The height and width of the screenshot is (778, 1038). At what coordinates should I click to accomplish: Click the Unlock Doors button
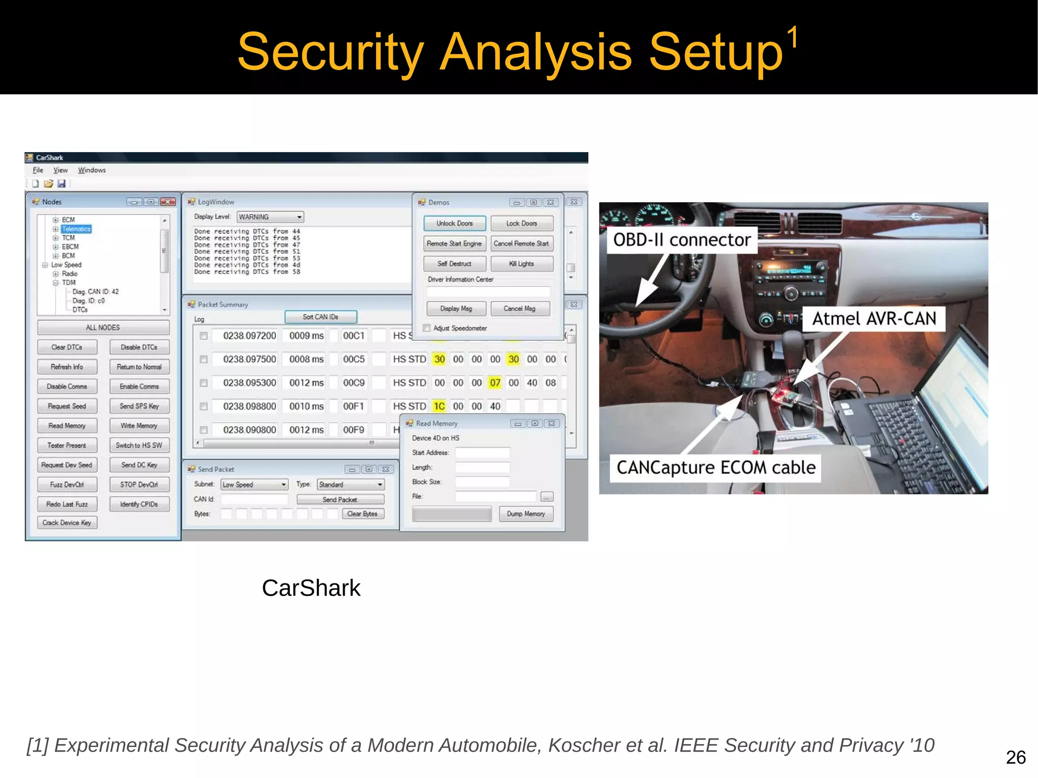[455, 224]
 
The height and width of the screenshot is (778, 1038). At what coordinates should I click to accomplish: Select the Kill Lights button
[522, 264]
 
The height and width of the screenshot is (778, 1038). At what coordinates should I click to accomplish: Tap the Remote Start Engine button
[455, 244]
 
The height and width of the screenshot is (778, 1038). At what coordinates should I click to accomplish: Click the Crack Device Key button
[67, 523]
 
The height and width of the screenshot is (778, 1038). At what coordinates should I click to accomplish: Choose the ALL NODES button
[103, 327]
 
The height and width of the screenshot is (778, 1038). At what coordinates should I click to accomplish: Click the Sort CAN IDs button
[320, 317]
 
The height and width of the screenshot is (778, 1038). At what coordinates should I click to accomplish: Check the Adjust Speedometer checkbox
[427, 328]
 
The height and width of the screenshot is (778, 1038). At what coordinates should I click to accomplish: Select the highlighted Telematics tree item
[76, 229]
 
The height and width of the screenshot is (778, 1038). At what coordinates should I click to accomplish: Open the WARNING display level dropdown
[271, 217]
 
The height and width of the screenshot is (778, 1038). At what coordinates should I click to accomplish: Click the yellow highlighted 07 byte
[495, 383]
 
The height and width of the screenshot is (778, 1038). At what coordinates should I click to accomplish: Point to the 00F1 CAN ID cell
[353, 406]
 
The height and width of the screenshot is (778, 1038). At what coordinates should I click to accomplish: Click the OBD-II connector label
[682, 240]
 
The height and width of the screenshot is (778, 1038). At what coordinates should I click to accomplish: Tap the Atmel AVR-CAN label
[874, 318]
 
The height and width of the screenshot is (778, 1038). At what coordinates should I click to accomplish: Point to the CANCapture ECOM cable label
[716, 467]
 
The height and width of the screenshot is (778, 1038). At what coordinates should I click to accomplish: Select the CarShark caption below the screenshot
[311, 588]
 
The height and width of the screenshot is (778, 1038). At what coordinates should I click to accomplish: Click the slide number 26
[1016, 757]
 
